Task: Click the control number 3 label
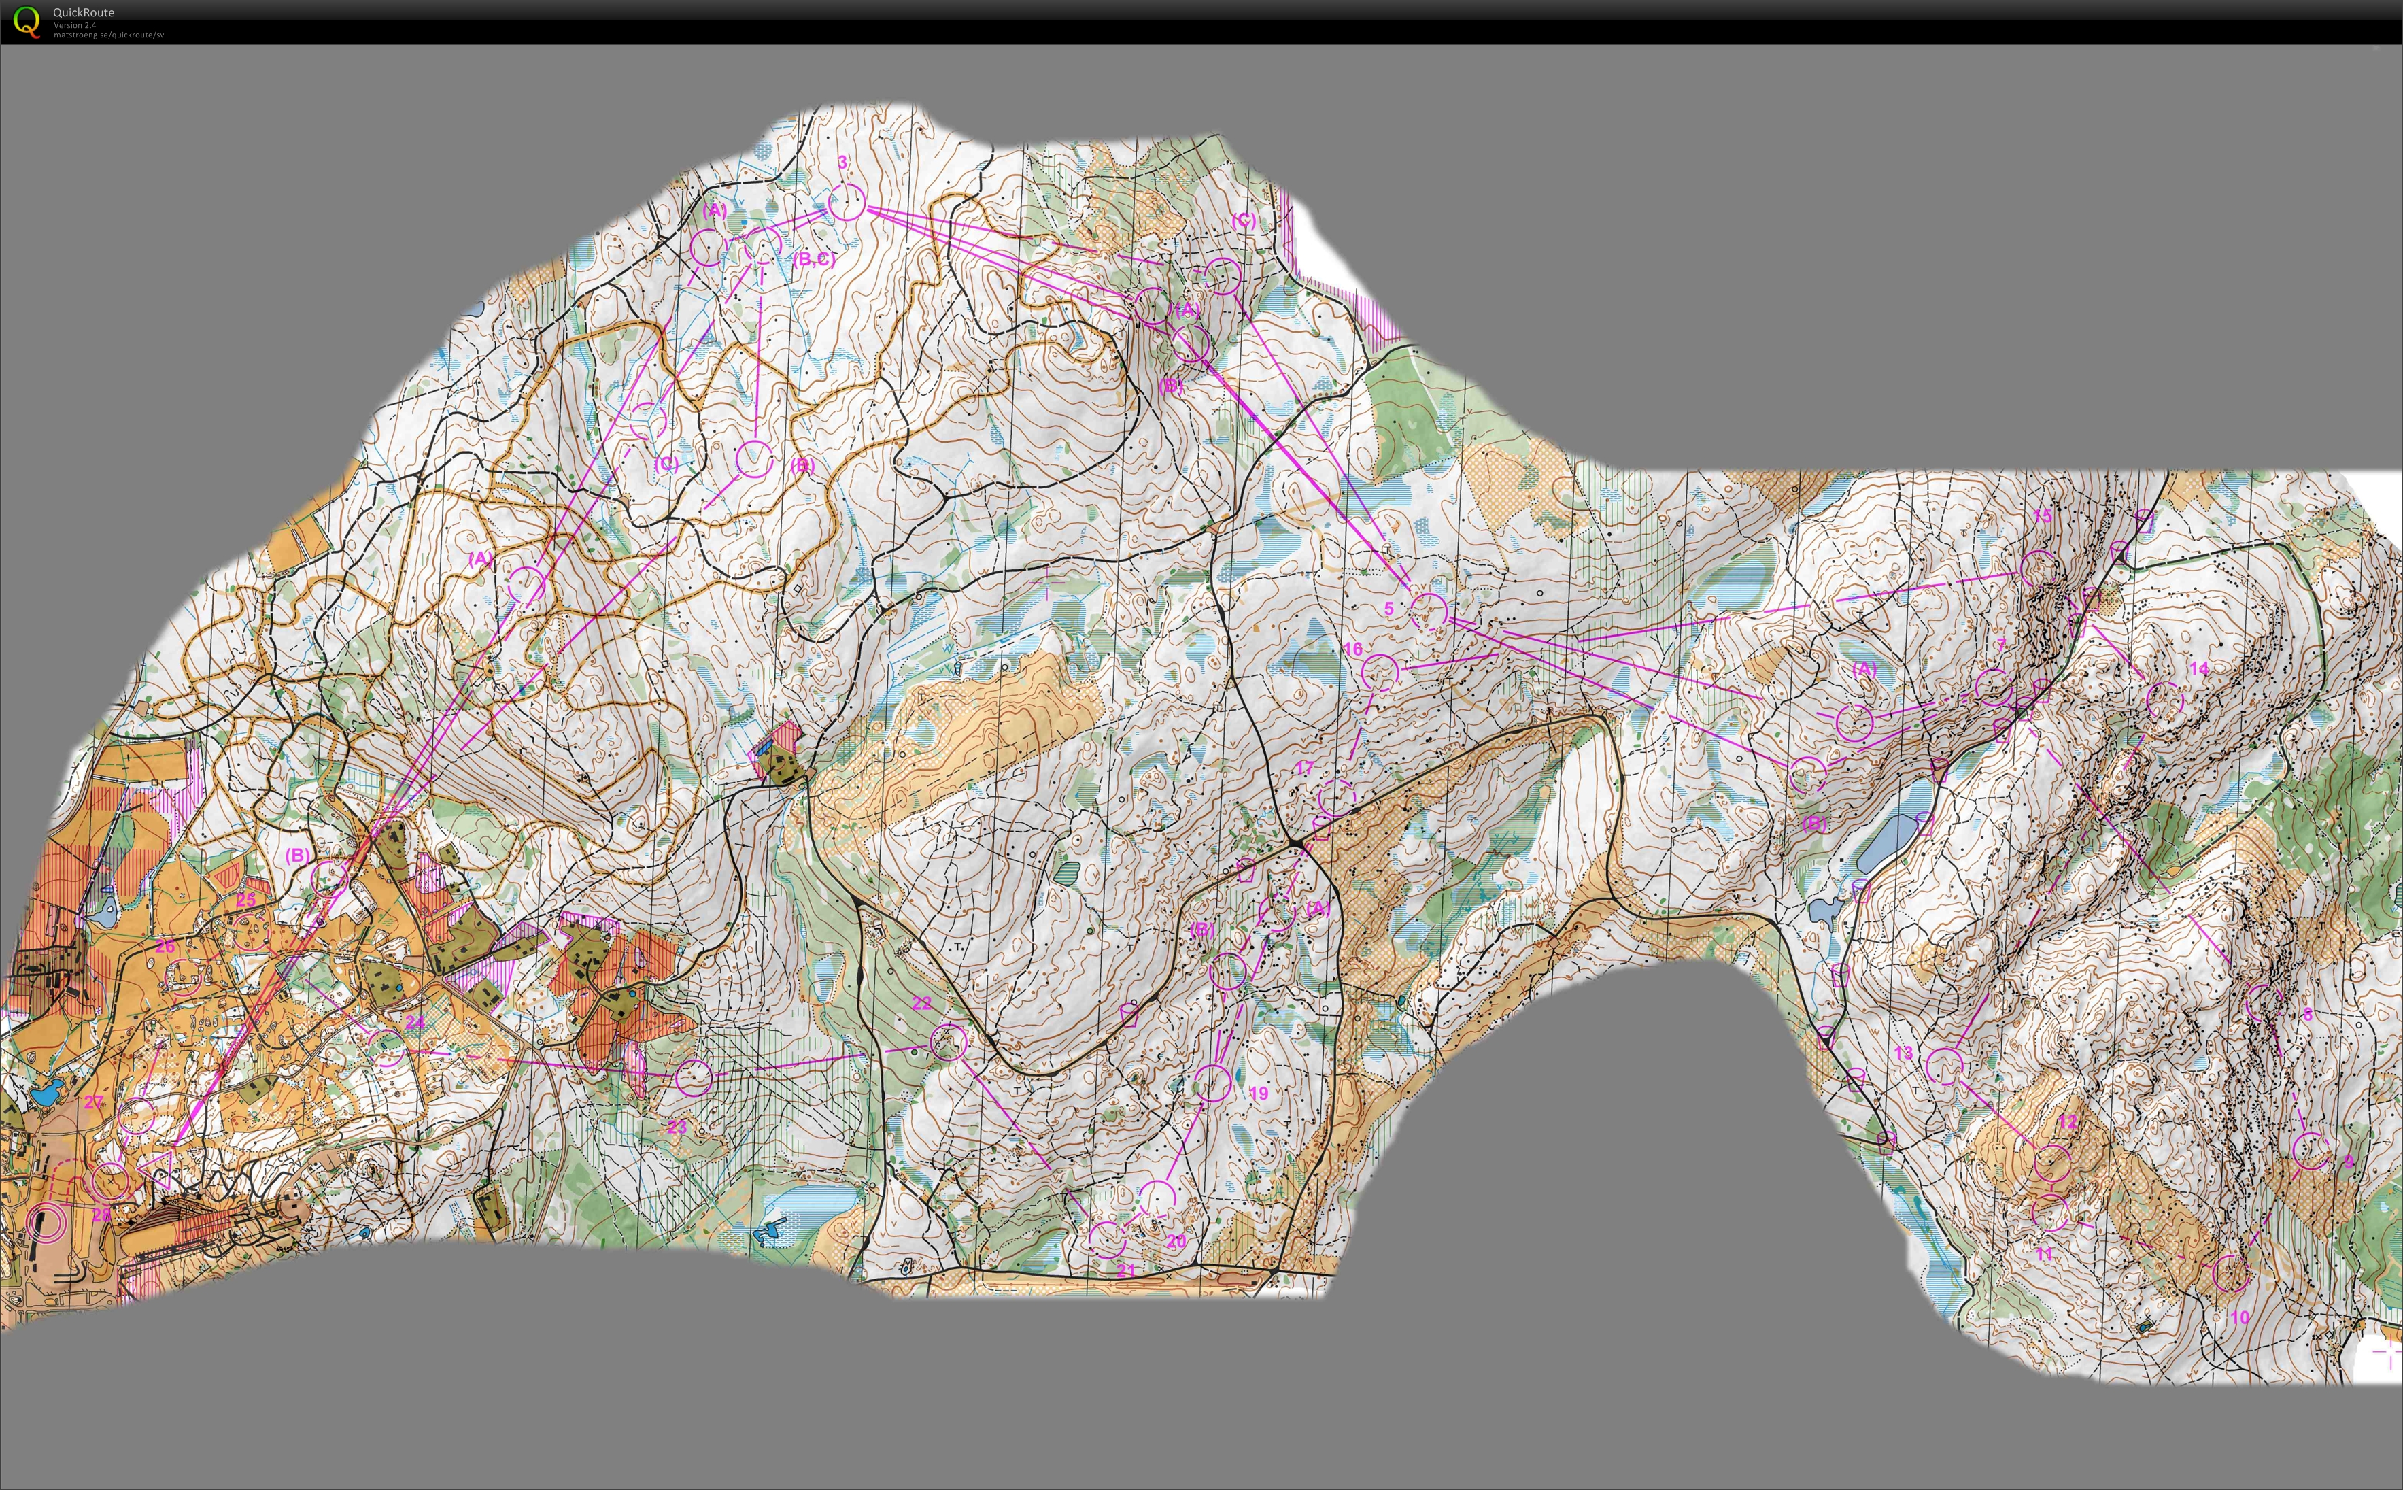click(x=842, y=162)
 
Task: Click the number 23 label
click(x=677, y=1126)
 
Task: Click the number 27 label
click(x=94, y=1102)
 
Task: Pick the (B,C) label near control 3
click(x=814, y=259)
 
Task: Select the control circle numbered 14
click(x=2164, y=700)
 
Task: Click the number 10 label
click(x=2239, y=1317)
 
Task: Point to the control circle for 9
click(x=2311, y=1150)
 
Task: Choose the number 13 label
click(x=1903, y=1053)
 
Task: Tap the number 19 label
click(x=1258, y=1093)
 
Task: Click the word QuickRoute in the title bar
click(x=84, y=12)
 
